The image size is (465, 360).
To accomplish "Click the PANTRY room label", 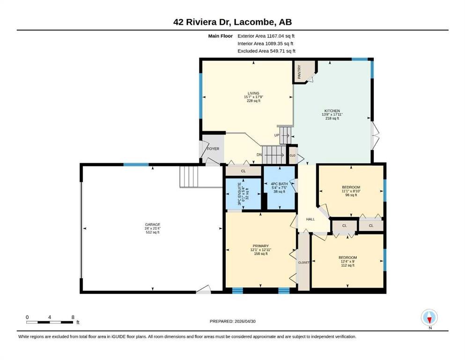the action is tap(299, 72).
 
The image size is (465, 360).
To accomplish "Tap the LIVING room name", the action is tap(253, 93).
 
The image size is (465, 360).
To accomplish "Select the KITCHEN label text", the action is tap(332, 111).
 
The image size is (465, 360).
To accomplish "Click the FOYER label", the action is tap(213, 149).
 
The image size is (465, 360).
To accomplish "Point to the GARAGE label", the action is tap(153, 225).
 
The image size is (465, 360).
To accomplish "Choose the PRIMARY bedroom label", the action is tap(261, 246).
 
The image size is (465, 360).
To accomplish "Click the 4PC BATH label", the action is tap(280, 184).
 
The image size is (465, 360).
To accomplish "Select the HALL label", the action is tap(310, 219).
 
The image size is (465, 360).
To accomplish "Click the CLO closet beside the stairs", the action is tap(292, 156).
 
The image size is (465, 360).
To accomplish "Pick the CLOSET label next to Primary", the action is tap(303, 262).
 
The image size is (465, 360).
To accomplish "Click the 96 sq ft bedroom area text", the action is tap(351, 195).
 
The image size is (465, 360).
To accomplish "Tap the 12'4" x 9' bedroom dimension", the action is tap(348, 262).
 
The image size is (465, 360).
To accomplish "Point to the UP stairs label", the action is tap(277, 135).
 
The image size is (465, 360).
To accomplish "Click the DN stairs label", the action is tap(259, 155).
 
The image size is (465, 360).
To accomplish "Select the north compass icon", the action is tap(429, 317).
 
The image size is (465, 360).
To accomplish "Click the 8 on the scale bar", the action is tap(73, 317).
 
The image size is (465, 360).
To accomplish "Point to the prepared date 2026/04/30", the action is tap(245, 321).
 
